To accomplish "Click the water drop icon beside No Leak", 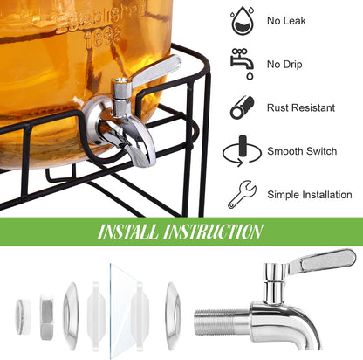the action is [243, 20].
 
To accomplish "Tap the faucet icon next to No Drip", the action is [242, 64].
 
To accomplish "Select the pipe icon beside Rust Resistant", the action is [242, 107].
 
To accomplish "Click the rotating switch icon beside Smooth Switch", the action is [242, 151].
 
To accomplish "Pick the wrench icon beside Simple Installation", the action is [242, 194].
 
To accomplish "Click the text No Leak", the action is [286, 21].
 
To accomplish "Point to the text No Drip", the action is [284, 65].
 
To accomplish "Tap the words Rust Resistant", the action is [301, 107].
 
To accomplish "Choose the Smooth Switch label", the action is [302, 151].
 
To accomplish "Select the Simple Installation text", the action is [310, 195].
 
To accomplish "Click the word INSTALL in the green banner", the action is [128, 232].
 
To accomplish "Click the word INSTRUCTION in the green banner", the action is [213, 232].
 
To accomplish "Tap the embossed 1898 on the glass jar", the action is [103, 35].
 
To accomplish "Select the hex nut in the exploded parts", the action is [46, 316].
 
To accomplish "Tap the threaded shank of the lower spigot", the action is [222, 322].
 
